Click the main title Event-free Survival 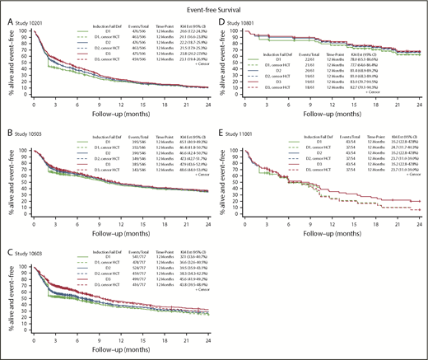(x=214, y=6)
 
